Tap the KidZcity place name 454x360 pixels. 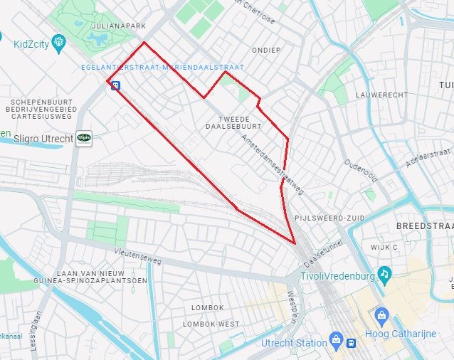click(32, 44)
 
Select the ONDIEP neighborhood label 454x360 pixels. click(266, 50)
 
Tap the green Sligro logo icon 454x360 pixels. click(85, 138)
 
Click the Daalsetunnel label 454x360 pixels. click(323, 253)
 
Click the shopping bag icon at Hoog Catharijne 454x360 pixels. click(381, 314)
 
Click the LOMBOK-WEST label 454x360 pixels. click(211, 324)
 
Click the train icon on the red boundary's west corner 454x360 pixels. click(114, 84)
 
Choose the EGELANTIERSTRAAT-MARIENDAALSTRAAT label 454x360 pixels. click(163, 68)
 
